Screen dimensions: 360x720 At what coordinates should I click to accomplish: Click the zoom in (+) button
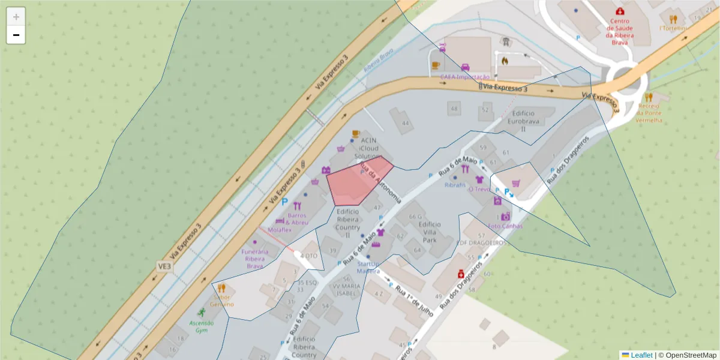click(16, 17)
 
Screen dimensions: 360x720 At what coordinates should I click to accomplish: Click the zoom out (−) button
click(16, 35)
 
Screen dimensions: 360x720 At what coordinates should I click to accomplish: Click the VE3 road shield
click(164, 266)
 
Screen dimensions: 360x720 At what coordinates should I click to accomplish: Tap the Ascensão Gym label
click(202, 326)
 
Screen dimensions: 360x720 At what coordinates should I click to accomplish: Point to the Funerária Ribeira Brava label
click(255, 259)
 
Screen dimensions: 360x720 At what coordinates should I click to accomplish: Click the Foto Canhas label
click(505, 226)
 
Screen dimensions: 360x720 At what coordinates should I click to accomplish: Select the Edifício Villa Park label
click(429, 232)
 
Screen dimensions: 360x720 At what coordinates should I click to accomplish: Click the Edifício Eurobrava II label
click(520, 121)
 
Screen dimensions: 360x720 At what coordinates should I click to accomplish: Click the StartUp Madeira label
click(368, 267)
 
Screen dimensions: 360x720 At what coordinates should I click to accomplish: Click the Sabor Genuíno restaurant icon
click(221, 288)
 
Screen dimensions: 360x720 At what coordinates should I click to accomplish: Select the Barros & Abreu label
click(297, 219)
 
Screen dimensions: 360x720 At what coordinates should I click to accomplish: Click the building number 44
click(406, 124)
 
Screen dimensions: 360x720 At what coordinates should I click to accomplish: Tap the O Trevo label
click(479, 188)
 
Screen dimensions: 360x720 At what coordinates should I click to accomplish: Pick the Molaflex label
click(279, 230)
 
